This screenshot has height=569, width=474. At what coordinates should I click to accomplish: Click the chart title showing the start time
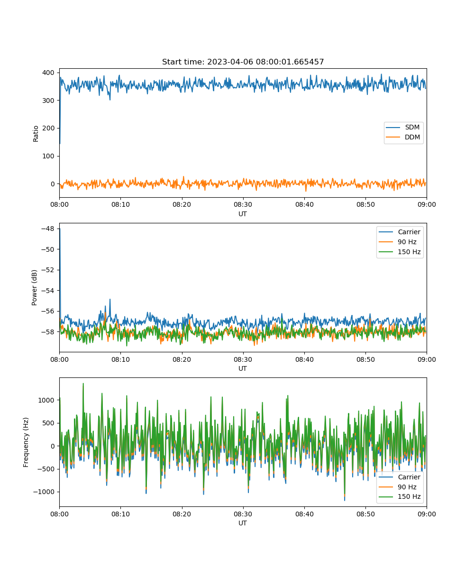click(243, 62)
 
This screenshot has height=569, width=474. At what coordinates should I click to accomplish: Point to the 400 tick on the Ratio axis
click(48, 73)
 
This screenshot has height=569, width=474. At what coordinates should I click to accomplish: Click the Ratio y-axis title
click(36, 134)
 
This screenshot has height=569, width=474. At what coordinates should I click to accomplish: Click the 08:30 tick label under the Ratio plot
click(243, 205)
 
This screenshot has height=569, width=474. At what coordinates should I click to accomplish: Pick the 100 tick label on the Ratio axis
click(48, 156)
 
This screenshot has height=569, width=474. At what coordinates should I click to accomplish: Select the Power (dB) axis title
click(34, 287)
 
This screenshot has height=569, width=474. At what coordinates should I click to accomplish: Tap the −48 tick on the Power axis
click(48, 229)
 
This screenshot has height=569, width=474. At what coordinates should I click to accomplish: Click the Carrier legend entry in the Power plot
click(400, 232)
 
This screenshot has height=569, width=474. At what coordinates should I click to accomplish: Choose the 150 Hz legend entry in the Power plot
click(400, 252)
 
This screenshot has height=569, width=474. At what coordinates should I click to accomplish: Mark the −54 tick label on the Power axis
click(48, 291)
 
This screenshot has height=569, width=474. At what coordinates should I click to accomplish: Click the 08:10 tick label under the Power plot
click(121, 359)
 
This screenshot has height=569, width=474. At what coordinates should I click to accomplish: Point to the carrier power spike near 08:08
click(110, 299)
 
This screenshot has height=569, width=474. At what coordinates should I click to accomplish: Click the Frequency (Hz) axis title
click(26, 442)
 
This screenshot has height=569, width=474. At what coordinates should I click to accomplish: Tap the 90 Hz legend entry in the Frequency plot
click(400, 486)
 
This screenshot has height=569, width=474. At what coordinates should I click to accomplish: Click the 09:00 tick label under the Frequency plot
click(427, 514)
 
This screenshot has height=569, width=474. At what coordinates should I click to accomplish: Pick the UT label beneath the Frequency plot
click(243, 523)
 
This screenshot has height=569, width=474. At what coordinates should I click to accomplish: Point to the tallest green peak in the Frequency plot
click(83, 384)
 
